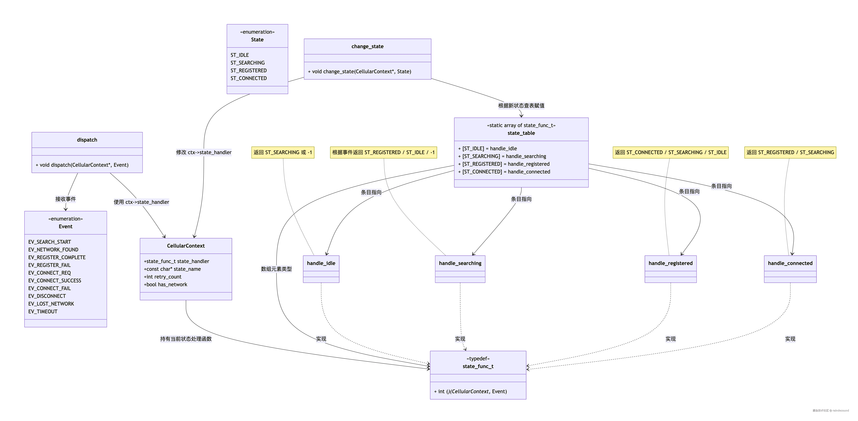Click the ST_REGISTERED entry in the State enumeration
[x=248, y=70]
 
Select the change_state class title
[x=367, y=46]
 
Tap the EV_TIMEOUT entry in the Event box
[x=43, y=311]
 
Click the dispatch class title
[x=87, y=140]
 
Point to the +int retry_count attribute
[x=163, y=277]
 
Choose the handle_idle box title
[x=321, y=263]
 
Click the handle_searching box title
[x=460, y=263]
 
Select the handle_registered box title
[x=671, y=263]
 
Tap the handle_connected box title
[x=790, y=263]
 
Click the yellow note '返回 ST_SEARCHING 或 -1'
[x=283, y=152]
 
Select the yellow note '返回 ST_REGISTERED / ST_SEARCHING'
[x=790, y=152]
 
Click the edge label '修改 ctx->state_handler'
[x=204, y=152]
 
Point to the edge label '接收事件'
[x=66, y=199]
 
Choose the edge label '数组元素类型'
[x=276, y=269]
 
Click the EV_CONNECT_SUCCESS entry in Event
[x=55, y=280]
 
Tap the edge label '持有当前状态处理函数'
[x=186, y=339]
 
